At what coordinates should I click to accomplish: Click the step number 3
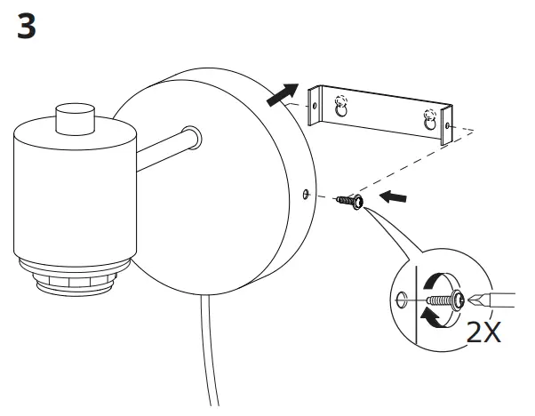click(27, 26)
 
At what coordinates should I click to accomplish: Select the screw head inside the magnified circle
click(455, 300)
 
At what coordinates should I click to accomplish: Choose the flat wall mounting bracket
click(382, 111)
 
